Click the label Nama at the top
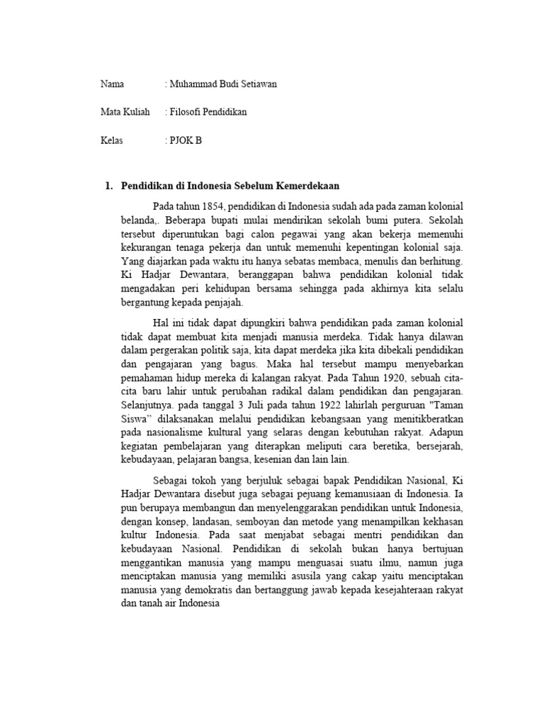point(112,84)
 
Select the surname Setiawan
point(258,84)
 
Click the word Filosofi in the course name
point(186,112)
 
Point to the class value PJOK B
point(186,140)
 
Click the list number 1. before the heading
point(108,186)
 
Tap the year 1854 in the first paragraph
point(212,206)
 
